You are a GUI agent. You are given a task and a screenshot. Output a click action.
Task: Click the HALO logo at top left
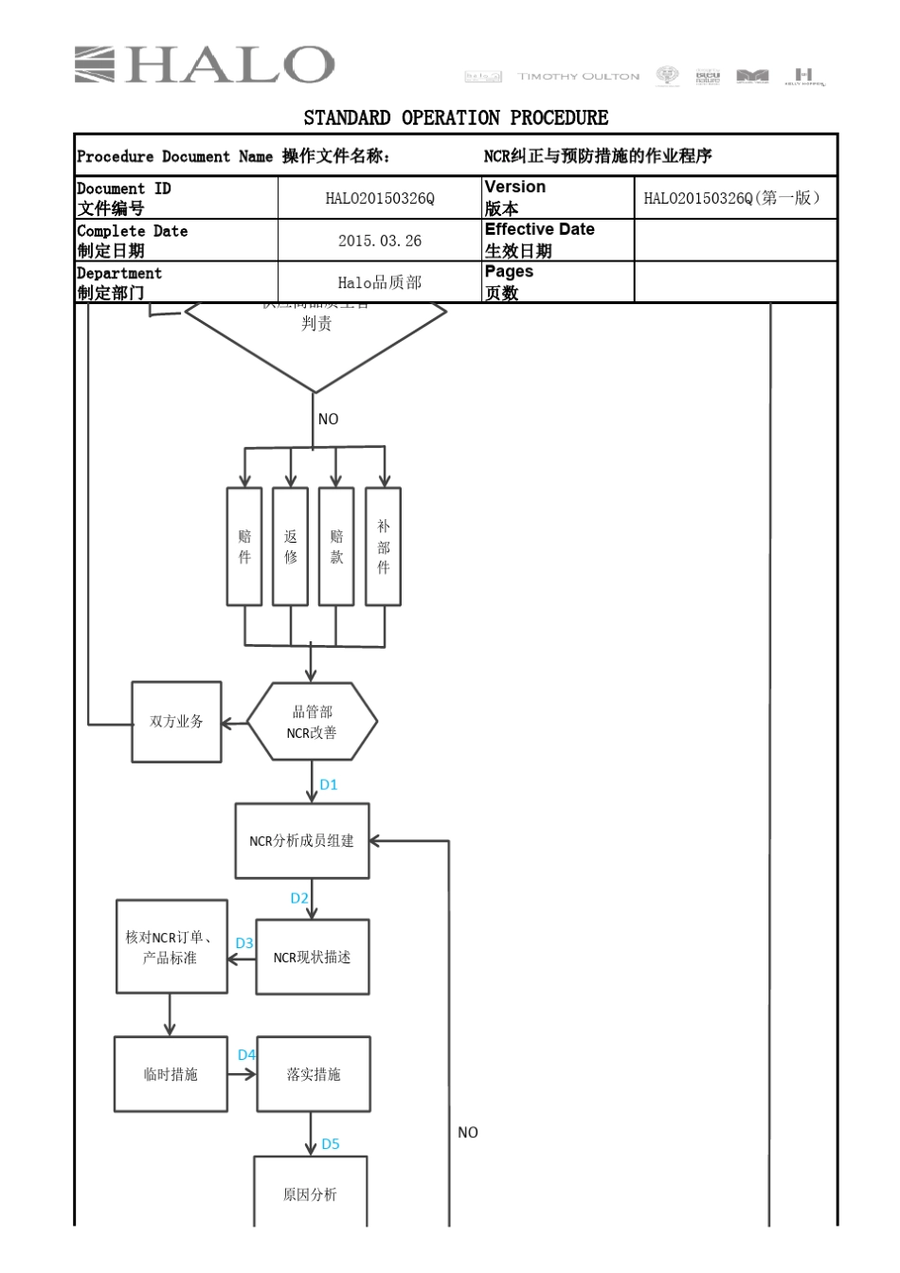coord(204,65)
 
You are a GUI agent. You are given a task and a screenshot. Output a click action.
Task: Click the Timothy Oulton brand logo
coord(578,76)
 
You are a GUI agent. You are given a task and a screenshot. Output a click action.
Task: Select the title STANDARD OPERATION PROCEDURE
coord(456,117)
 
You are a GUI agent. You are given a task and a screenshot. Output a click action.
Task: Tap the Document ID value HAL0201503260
coord(379,198)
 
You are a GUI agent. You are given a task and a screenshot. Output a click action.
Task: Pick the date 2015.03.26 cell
coord(379,241)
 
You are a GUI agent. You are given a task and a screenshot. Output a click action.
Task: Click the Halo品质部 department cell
coord(379,282)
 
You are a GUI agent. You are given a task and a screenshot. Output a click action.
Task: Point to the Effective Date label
coord(540,230)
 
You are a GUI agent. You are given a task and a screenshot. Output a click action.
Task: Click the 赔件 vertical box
coord(244,547)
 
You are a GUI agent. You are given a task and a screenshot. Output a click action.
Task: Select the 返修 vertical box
coord(291,547)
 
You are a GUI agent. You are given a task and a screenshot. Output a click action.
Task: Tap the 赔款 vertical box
coord(336,547)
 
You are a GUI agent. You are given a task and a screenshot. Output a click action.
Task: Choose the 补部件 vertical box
coord(383,547)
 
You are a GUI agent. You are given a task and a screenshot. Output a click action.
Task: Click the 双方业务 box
coord(176,722)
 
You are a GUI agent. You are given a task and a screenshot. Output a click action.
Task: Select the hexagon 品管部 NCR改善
coord(312,722)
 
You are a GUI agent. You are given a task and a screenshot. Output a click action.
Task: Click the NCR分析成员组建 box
coord(301,841)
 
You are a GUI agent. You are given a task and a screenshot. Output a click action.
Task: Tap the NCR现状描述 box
coord(312,958)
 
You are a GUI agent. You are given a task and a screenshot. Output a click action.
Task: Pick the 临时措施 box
coord(171,1074)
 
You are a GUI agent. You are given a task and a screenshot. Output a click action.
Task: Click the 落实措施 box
coord(313,1074)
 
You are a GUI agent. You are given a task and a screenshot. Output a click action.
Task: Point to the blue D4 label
coord(246,1054)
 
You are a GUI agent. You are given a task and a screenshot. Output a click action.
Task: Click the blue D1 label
coord(329,784)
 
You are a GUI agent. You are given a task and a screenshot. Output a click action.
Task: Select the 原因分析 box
coord(310,1193)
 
